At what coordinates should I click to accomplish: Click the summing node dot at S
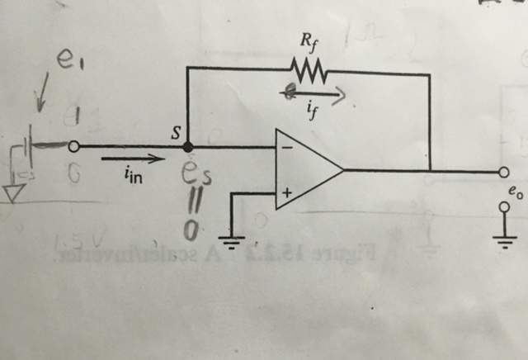coord(188,146)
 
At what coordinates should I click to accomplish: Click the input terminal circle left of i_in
coord(74,147)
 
